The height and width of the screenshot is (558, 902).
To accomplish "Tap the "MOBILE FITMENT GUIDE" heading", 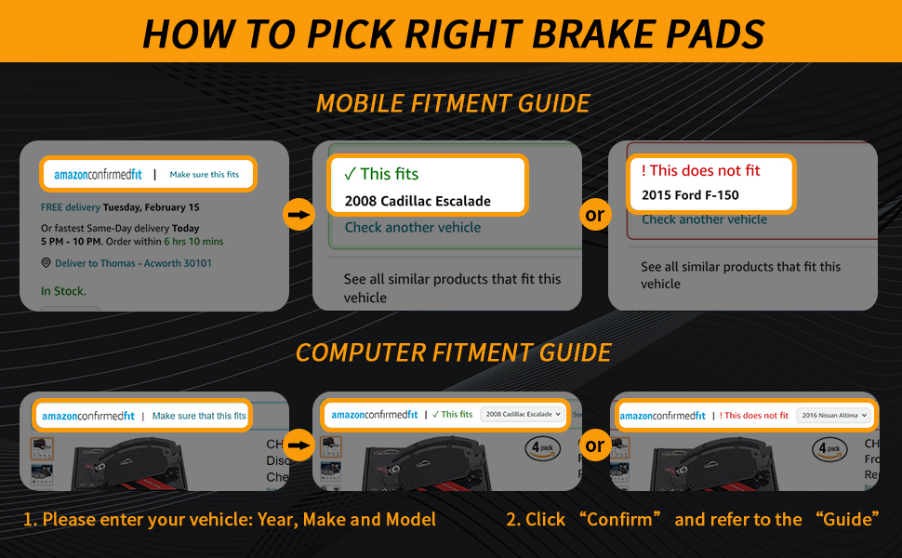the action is [453, 103].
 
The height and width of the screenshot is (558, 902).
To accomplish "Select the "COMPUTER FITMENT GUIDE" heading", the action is [453, 353].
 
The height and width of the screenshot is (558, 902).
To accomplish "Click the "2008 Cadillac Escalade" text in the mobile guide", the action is [418, 200].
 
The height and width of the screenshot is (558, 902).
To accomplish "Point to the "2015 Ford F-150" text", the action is [690, 196].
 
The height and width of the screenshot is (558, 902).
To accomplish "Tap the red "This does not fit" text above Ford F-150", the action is [700, 170].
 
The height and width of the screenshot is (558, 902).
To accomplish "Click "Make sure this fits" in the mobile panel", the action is [204, 175].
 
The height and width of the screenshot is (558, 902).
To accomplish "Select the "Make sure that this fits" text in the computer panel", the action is [199, 416].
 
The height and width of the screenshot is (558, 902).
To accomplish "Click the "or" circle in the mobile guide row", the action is [594, 216].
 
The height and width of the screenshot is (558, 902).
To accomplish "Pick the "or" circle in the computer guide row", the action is [594, 445].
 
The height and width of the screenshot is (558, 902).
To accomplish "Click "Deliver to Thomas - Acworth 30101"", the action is [133, 263].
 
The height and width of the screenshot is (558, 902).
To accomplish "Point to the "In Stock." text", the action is [63, 291].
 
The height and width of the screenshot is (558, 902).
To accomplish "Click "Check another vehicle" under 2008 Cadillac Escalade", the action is [413, 227].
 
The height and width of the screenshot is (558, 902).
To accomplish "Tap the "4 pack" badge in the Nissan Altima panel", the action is [829, 448].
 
